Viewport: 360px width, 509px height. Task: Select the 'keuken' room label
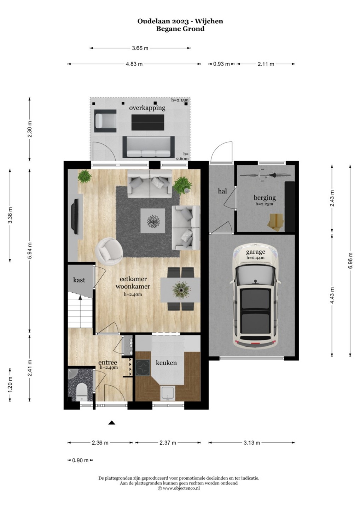(166, 363)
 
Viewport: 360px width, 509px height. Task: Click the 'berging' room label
(265, 198)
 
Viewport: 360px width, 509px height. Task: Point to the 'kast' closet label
(79, 280)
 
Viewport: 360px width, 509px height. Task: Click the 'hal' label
(222, 191)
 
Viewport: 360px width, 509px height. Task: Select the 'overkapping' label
(147, 108)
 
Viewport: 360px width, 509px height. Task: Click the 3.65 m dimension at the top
(140, 48)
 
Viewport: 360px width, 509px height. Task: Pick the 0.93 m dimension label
(221, 64)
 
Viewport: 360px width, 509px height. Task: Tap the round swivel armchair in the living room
(109, 251)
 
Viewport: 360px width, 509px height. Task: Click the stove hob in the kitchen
(143, 368)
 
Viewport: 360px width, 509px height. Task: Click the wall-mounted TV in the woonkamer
(75, 216)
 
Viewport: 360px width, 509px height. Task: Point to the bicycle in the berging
(265, 175)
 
